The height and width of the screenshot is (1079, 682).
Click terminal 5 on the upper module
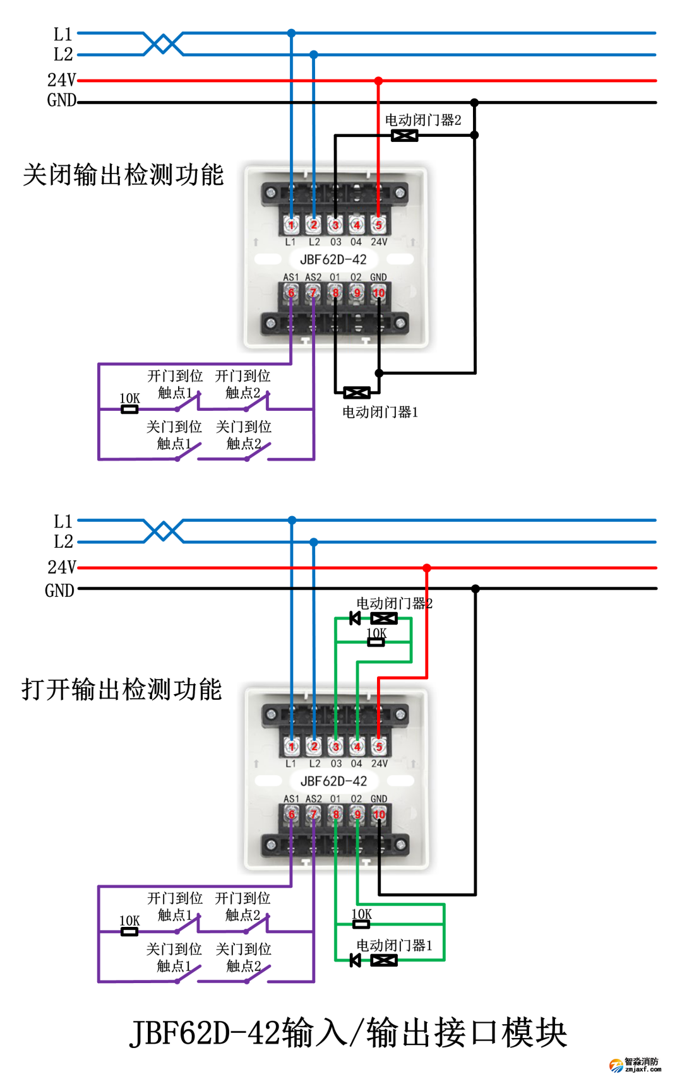click(378, 225)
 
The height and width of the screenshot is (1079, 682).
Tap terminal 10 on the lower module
click(379, 815)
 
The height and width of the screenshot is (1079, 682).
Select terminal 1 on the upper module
click(291, 225)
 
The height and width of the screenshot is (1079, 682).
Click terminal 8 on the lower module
click(335, 815)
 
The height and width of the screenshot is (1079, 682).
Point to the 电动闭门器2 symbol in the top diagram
click(404, 136)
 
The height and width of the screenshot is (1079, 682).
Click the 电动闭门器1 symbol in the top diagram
click(357, 393)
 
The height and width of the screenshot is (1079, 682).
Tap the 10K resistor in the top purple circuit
click(129, 410)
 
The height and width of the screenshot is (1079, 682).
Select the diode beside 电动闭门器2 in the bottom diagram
click(355, 618)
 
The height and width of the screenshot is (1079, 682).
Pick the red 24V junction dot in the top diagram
click(378, 81)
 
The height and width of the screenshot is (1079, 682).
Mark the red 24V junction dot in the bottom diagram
click(427, 569)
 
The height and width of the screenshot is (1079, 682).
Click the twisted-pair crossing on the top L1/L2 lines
click(164, 44)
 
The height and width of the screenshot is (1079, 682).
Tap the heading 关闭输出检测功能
click(123, 175)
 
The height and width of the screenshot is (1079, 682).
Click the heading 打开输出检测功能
click(122, 689)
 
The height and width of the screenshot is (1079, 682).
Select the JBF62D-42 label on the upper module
click(333, 259)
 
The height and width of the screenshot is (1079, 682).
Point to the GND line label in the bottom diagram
click(59, 591)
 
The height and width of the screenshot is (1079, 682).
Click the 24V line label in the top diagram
click(61, 80)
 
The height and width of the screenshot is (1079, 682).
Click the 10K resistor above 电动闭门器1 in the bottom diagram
click(361, 924)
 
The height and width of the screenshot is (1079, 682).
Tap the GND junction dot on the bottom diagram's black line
click(476, 589)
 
